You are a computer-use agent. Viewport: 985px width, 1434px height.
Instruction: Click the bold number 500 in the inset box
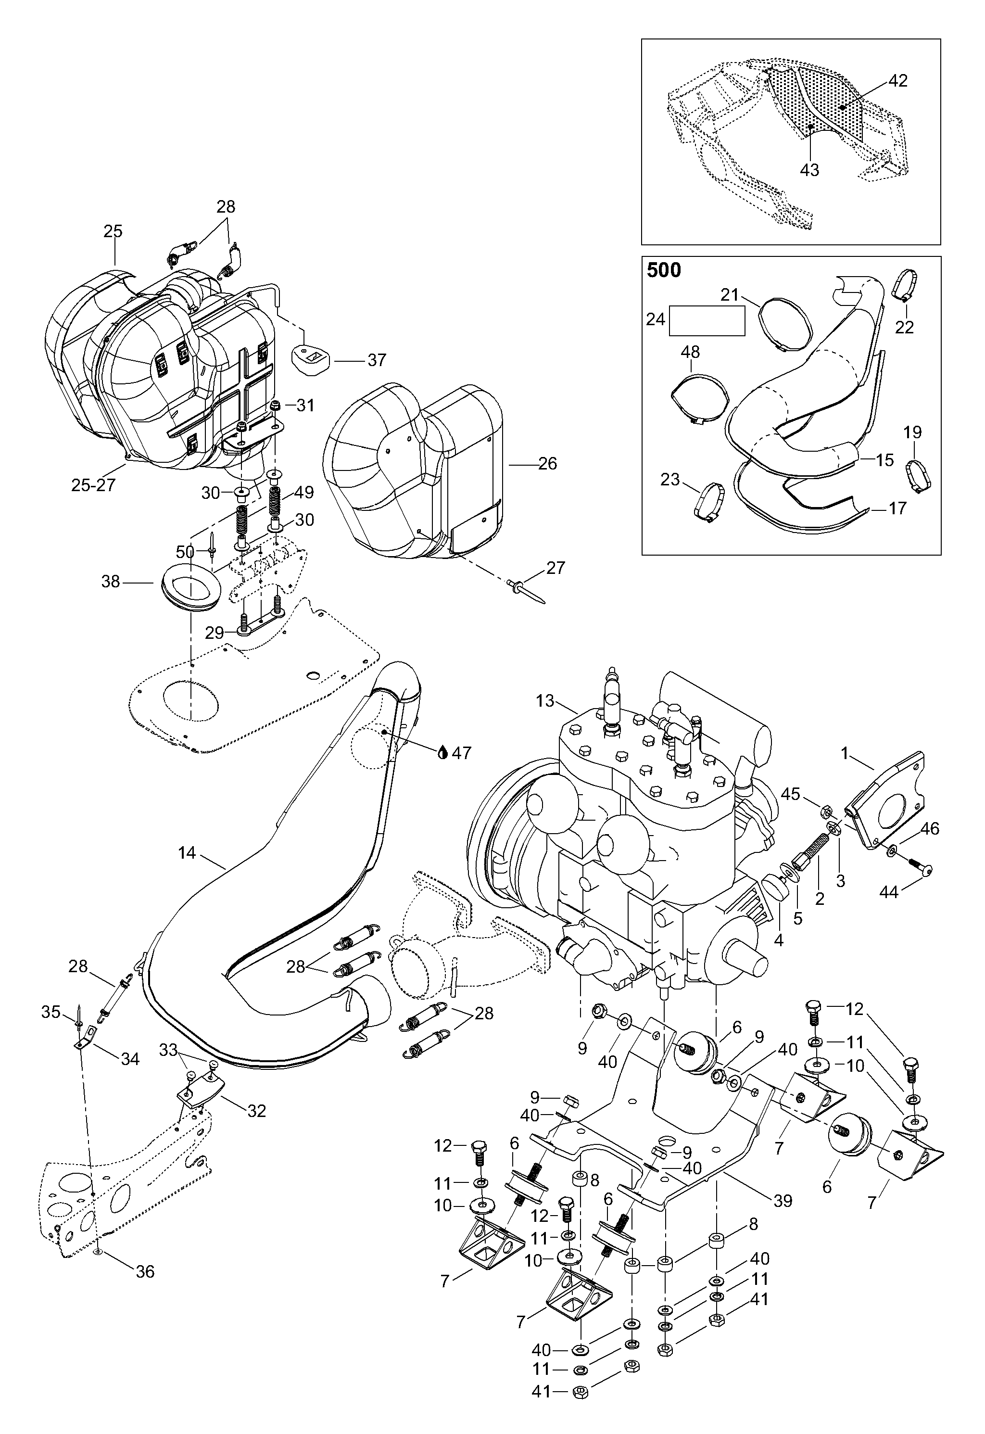coord(664,270)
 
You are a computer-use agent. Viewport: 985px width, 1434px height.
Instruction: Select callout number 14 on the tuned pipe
coord(187,852)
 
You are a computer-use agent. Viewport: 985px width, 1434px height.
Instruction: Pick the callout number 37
coord(377,359)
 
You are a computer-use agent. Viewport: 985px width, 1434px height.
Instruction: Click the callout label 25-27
coord(93,485)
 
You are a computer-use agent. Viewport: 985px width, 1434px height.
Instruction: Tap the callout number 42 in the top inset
coord(898,81)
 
